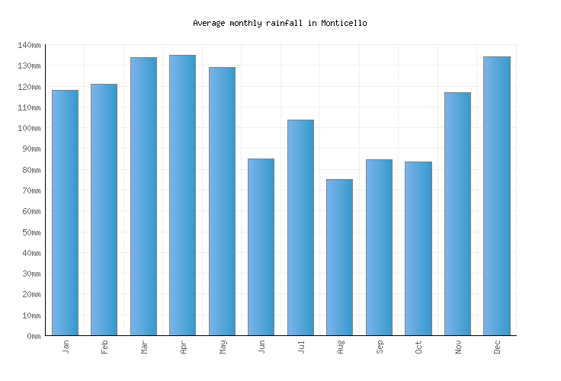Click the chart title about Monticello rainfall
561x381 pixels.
pos(280,23)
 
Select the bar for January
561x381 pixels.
pos(65,213)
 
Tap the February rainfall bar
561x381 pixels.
pos(104,210)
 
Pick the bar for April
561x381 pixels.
pos(182,195)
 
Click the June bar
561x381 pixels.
pos(261,247)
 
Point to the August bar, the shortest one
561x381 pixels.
pos(339,258)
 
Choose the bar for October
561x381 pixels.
pos(418,248)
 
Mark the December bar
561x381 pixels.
pos(496,196)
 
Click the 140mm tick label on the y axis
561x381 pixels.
pos(29,46)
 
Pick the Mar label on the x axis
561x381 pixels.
pos(144,347)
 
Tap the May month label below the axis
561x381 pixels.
pos(223,347)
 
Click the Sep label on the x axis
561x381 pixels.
pos(380,347)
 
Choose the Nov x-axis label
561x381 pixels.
pos(458,347)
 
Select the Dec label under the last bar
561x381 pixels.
pos(497,347)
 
